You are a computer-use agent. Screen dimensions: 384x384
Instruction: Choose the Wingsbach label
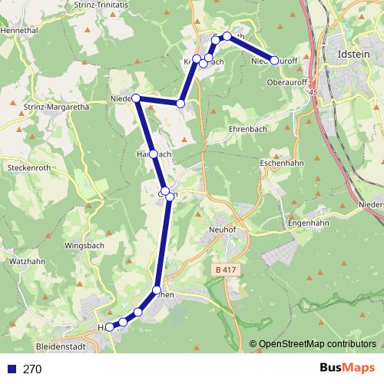pos(84,226)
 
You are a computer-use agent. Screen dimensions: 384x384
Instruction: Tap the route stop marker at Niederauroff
pos(274,60)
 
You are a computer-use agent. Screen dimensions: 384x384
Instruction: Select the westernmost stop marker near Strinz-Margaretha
pos(136,98)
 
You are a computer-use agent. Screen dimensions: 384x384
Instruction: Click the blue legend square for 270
pos(11,369)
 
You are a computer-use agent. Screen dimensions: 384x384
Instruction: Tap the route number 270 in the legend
pos(32,369)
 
